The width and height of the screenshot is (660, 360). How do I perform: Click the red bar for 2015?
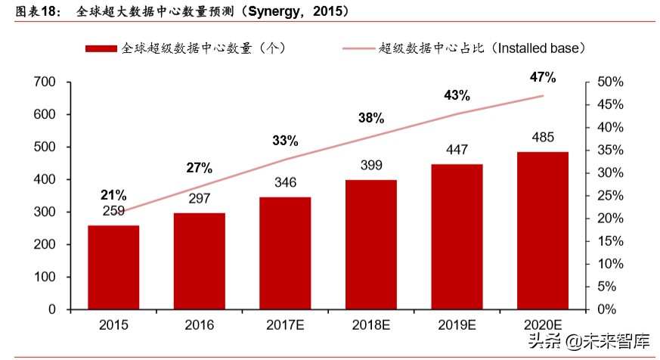(113, 267)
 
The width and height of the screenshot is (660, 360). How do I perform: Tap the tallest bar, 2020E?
(543, 230)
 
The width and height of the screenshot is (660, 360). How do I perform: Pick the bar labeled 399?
(371, 244)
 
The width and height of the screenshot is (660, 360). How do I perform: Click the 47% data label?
(543, 77)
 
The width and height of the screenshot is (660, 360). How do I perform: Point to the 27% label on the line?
(200, 168)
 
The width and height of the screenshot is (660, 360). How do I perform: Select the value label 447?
(457, 150)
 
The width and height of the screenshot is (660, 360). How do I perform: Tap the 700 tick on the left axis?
(46, 82)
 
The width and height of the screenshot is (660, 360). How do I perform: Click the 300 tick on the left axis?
(46, 213)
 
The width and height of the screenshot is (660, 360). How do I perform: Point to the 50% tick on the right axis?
(609, 82)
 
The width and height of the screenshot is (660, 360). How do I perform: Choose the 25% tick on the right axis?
(609, 196)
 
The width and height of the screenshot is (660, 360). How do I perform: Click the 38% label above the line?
(371, 118)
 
